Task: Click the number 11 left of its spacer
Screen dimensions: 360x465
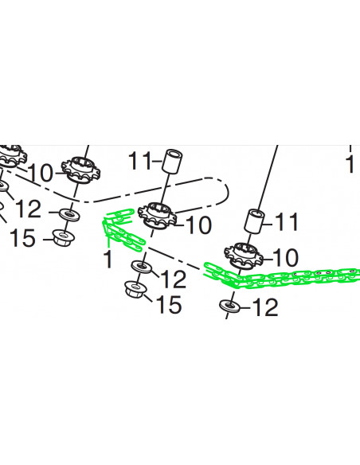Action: tap(139, 162)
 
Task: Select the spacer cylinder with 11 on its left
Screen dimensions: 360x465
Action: tap(172, 161)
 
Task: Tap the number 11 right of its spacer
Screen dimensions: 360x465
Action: tap(287, 221)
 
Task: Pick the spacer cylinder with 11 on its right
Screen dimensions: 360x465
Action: tap(254, 221)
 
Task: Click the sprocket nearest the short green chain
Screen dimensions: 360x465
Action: tap(157, 216)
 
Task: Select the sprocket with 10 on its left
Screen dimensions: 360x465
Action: tap(80, 171)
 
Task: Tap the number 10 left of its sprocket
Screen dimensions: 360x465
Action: tap(41, 173)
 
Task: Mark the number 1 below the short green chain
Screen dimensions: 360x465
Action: tap(108, 259)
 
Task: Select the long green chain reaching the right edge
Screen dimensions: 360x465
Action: tap(281, 276)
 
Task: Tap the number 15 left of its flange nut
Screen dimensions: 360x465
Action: tap(22, 238)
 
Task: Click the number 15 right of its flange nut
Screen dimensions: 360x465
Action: tap(169, 304)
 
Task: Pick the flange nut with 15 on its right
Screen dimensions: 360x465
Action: tap(135, 289)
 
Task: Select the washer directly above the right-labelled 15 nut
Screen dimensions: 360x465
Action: tap(142, 266)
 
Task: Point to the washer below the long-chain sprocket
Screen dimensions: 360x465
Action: tap(229, 305)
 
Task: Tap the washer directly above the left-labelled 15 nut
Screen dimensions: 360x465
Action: tap(69, 214)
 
